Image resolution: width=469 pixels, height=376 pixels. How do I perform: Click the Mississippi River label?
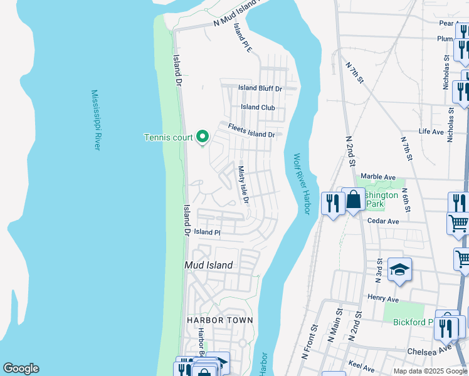click(96, 120)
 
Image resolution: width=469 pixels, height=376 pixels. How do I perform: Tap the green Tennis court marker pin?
click(203, 136)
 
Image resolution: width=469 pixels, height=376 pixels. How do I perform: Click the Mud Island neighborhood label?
click(209, 265)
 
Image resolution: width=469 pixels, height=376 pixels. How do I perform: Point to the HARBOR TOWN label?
click(220, 320)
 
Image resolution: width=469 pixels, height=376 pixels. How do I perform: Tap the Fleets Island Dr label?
click(251, 130)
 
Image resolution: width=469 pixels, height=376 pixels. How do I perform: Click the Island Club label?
click(258, 107)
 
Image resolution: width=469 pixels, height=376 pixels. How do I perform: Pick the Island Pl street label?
click(208, 232)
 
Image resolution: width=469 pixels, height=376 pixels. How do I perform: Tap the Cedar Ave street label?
click(384, 221)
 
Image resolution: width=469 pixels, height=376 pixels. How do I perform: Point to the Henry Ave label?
click(384, 298)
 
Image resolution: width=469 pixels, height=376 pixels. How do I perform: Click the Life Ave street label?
click(431, 132)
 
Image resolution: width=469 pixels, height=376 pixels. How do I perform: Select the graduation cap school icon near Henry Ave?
click(399, 269)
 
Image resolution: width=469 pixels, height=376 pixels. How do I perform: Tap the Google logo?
click(21, 368)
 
